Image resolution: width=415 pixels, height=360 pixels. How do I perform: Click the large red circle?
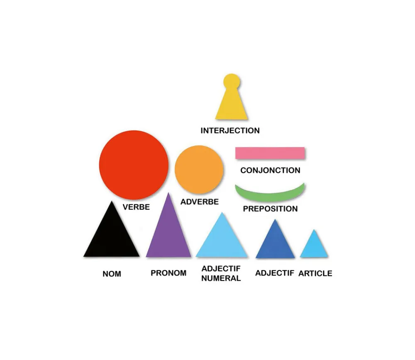tap(134, 165)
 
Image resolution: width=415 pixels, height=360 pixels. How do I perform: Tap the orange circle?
tap(199, 170)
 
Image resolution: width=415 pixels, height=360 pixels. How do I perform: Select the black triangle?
tap(111, 233)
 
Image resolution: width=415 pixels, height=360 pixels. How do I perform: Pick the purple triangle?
tap(168, 230)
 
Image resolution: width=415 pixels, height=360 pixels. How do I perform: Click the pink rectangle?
tap(270, 153)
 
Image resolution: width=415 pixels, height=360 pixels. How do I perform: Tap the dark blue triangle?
tap(275, 241)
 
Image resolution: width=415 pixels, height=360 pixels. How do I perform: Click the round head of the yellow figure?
tap(232, 81)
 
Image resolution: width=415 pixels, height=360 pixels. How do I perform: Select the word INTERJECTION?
tap(230, 130)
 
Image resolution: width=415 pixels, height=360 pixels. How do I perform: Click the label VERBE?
tap(136, 207)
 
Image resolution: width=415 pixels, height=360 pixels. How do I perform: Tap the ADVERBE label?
tap(200, 202)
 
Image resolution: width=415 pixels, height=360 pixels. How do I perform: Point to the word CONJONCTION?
tap(270, 170)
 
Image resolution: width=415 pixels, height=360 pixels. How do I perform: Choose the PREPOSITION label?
tap(270, 209)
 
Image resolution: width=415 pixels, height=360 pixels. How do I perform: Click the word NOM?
tap(112, 274)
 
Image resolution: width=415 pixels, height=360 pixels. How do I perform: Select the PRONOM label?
tap(168, 273)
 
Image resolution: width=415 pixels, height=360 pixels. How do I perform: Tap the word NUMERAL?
tap(221, 278)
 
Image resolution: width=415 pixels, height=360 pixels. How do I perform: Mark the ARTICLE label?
tap(315, 273)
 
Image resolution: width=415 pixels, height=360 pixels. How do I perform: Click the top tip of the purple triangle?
tap(168, 193)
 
